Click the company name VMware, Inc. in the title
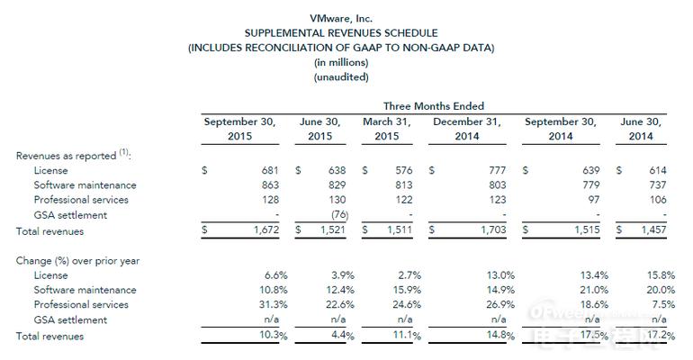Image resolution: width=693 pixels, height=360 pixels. point(341,19)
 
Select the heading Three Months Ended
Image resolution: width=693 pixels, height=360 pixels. point(434,106)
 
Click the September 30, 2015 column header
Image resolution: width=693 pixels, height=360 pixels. point(239,129)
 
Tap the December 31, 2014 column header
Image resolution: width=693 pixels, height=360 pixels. point(467,129)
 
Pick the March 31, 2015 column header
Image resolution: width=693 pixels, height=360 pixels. point(387,129)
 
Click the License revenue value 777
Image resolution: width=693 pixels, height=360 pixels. point(497,170)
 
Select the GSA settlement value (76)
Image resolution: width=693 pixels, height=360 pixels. point(340,215)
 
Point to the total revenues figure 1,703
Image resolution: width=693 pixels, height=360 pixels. point(493,229)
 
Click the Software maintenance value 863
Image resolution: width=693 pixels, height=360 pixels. point(270,185)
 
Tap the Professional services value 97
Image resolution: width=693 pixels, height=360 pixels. point(594,200)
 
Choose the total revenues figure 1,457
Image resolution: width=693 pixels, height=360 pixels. point(653,229)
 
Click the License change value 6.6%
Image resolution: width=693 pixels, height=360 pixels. point(275,275)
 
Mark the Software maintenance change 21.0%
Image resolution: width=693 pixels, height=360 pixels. point(594,290)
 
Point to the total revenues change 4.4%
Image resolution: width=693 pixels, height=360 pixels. point(343,336)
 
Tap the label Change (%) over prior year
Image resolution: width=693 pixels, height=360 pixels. point(77,261)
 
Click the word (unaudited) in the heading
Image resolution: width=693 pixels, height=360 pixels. point(341,76)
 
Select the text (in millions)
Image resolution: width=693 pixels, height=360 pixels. point(341,62)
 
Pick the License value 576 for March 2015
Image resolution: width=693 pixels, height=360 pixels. point(403,170)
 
